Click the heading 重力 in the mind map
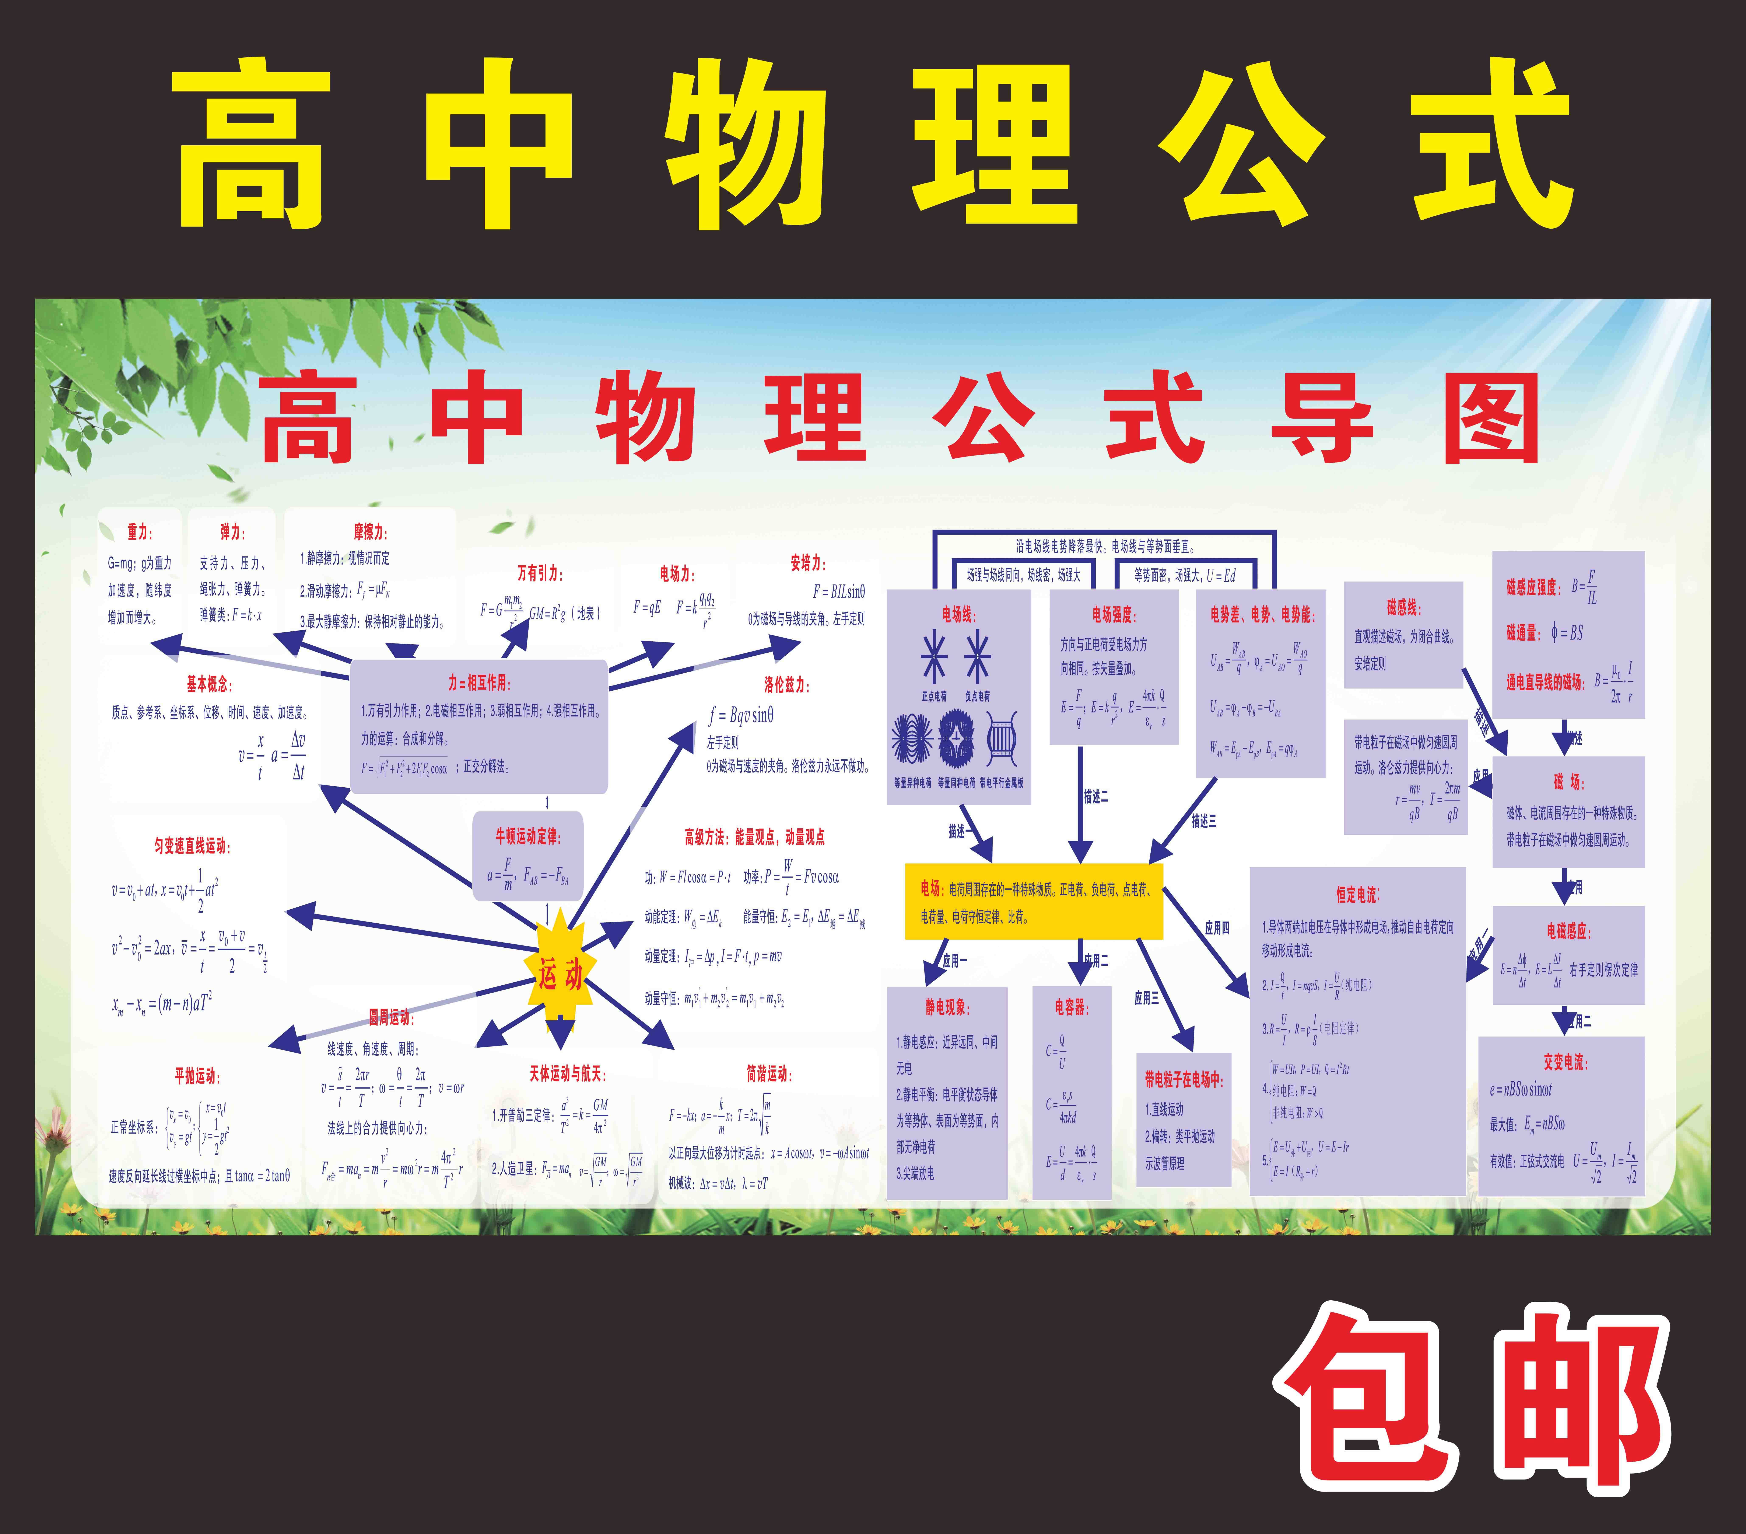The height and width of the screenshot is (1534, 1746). (x=139, y=532)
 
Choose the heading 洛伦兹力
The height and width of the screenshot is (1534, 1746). (x=786, y=684)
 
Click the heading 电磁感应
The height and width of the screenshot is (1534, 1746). (x=1568, y=931)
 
